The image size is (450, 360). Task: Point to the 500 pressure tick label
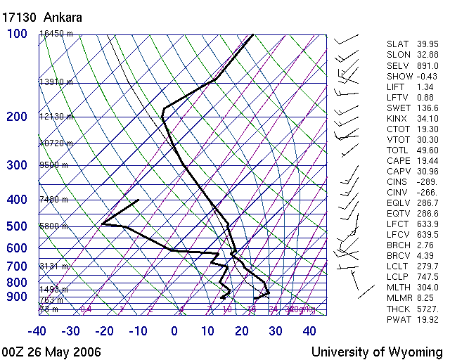point(17,226)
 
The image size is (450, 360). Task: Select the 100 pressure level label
point(17,34)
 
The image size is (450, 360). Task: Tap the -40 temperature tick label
point(37,331)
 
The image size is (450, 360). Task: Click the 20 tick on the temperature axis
point(242,331)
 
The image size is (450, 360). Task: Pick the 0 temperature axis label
point(174,331)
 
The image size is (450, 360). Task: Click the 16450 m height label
point(56,34)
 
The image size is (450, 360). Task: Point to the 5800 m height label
point(53,226)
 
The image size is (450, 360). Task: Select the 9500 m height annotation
point(53,166)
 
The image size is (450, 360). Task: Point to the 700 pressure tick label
point(17,266)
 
